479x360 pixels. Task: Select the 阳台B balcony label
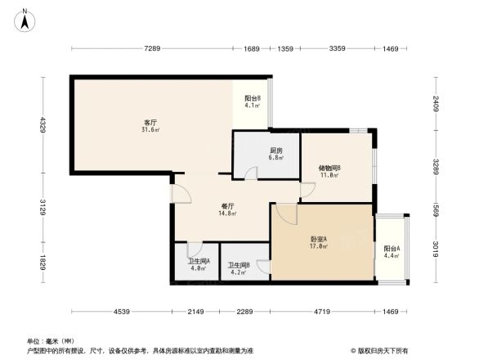click(x=252, y=97)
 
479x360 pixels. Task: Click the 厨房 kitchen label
click(x=276, y=150)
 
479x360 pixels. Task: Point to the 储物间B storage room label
click(x=329, y=168)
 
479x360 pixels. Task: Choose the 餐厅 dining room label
click(x=228, y=206)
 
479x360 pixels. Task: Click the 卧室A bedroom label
click(x=319, y=239)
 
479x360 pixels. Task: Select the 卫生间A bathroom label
click(x=199, y=261)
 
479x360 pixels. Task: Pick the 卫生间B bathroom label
click(x=239, y=265)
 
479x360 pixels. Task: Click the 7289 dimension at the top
click(x=151, y=49)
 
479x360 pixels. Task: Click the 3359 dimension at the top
click(x=336, y=49)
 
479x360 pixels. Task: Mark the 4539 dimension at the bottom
click(x=122, y=312)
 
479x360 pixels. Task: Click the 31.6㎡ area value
click(x=150, y=129)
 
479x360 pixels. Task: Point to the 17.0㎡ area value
click(x=319, y=246)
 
